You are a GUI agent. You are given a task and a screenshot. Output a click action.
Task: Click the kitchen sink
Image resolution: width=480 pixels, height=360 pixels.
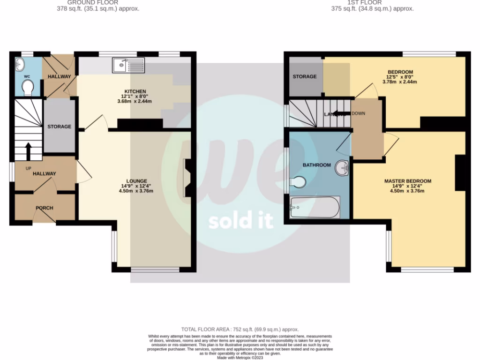128,65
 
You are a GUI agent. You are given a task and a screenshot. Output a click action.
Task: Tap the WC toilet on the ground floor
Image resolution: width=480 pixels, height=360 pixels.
28,86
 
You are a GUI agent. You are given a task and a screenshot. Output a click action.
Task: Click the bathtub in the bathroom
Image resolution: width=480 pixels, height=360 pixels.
315,207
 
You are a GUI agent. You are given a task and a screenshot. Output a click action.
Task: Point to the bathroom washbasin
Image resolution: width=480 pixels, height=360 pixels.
343,168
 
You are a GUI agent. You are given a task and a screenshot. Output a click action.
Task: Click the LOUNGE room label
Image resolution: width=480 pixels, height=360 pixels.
137,181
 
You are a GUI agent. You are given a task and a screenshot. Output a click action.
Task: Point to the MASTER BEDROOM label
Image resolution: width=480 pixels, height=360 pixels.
408,181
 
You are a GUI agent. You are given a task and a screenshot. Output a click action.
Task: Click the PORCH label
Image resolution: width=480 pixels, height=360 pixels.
45,208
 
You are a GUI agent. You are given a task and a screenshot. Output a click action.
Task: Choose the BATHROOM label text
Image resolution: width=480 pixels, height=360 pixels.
316,165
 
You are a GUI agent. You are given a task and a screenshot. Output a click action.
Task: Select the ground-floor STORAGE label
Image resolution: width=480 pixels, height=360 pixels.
59,127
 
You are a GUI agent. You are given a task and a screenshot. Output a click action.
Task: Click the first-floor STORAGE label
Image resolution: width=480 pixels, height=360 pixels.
305,76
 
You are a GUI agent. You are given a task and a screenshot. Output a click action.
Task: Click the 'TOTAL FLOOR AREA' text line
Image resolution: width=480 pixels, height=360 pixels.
240,330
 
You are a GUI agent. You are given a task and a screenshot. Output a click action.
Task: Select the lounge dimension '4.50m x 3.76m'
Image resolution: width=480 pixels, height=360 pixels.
137,190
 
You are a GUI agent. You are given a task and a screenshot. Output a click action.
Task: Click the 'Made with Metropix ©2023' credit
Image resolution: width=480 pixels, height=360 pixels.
240,357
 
